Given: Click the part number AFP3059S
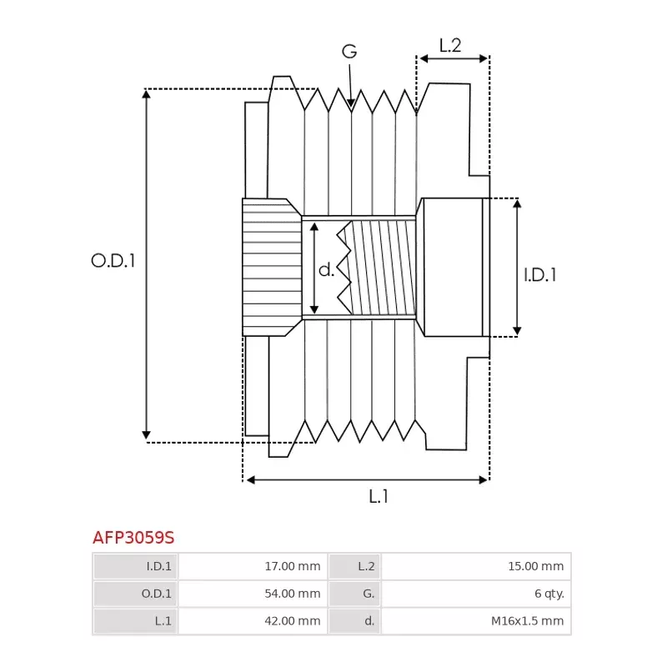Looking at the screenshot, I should [133, 537].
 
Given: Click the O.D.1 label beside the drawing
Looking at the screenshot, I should [113, 261].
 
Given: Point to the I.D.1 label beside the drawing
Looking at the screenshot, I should [540, 274].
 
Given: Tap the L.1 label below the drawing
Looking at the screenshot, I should [379, 496].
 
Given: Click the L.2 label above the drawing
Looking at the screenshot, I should [450, 46].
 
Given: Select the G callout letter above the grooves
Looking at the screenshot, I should [349, 52].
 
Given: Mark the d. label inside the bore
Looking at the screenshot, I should [327, 269].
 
